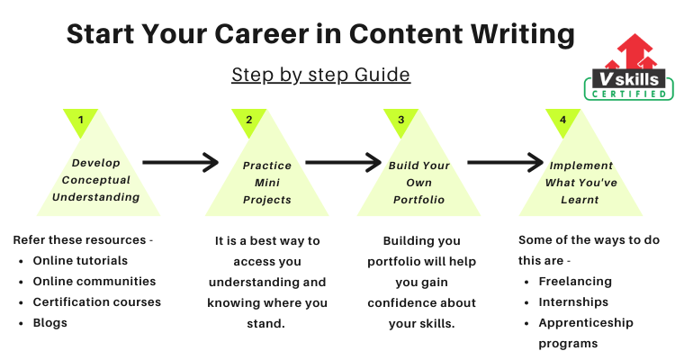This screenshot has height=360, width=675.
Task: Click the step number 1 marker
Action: click(80, 121)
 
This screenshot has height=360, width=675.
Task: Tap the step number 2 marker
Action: click(248, 121)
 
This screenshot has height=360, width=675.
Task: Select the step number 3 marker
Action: click(400, 121)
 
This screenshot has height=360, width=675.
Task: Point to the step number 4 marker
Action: click(562, 121)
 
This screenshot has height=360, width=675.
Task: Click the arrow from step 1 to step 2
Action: click(181, 162)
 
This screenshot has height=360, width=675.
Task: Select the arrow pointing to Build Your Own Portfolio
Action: click(344, 162)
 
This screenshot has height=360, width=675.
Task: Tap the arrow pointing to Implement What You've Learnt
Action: click(506, 162)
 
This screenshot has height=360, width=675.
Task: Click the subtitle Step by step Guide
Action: click(320, 75)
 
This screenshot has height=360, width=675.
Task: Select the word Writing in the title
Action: click(523, 34)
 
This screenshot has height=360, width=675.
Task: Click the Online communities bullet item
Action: click(94, 281)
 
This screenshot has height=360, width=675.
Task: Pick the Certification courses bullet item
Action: click(97, 301)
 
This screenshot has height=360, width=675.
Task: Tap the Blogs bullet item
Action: click(49, 323)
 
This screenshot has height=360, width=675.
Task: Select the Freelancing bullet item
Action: click(575, 282)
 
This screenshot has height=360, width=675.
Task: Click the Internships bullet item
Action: click(573, 302)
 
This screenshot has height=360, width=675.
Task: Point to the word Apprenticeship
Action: click(586, 323)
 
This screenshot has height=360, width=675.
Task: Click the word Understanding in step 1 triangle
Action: click(96, 197)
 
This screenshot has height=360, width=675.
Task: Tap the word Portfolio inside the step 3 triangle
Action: click(418, 200)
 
